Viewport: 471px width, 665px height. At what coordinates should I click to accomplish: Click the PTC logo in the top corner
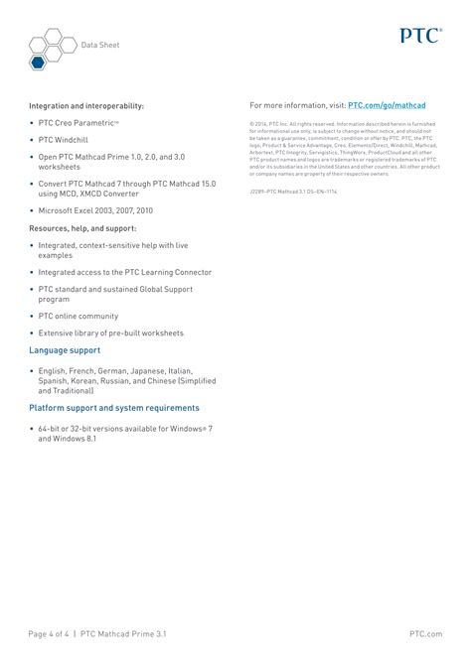[420, 36]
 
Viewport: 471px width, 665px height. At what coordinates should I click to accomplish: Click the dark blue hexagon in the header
[36, 63]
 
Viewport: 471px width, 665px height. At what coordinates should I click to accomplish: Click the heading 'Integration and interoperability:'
[86, 105]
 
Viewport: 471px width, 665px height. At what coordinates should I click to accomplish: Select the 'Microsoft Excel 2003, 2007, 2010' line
[95, 210]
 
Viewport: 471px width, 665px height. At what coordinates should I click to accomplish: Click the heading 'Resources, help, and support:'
[82, 227]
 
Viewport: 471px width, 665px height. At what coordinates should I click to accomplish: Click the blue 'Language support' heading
[65, 350]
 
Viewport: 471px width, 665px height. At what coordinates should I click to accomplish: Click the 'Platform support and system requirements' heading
[114, 407]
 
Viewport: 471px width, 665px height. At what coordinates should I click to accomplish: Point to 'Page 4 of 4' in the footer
[48, 632]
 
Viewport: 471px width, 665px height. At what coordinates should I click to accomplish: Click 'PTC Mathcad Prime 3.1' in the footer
[125, 632]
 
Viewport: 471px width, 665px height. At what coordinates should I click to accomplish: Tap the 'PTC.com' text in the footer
[424, 632]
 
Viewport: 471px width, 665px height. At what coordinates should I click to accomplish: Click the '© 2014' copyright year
[260, 123]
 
